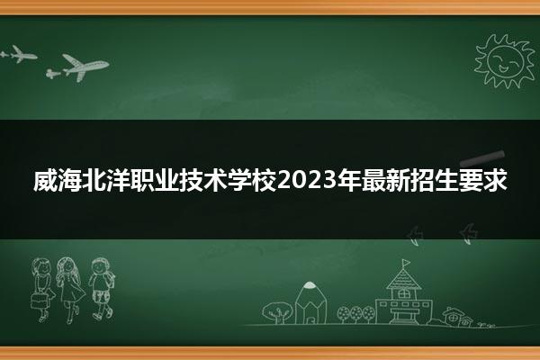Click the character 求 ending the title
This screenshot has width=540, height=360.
pyautogui.click(x=495, y=180)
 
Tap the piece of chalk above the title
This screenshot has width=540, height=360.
pyautogui.click(x=482, y=158)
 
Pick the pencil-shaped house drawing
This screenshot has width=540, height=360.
pyautogui.click(x=310, y=303)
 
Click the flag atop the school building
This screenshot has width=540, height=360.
pyautogui.click(x=406, y=264)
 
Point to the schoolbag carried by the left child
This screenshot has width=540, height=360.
pyautogui.click(x=39, y=301)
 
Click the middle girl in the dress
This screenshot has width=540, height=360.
pyautogui.click(x=70, y=290)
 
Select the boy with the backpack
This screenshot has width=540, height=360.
pyautogui.click(x=101, y=289)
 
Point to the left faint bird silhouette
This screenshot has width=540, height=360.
pyautogui.click(x=415, y=236)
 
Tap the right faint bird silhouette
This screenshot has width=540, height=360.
pyautogui.click(x=469, y=234)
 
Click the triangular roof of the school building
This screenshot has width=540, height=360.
pyautogui.click(x=403, y=279)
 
